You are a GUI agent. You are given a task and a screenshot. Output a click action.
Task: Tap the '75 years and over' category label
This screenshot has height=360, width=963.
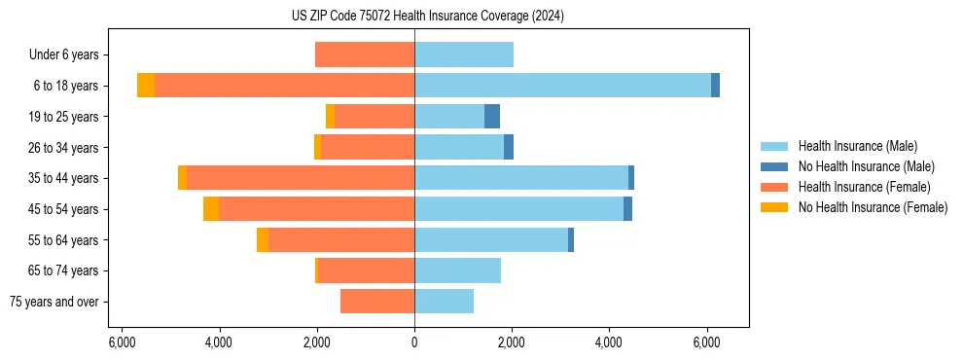(54, 302)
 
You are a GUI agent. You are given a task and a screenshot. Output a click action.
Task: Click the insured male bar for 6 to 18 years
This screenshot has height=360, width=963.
(562, 86)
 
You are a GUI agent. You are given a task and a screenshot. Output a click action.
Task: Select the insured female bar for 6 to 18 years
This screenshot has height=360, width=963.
(284, 86)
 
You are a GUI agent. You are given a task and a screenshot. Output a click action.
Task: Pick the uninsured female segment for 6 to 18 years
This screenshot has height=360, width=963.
(146, 86)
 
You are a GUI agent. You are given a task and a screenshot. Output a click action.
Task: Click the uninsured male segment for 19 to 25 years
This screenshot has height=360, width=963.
(492, 117)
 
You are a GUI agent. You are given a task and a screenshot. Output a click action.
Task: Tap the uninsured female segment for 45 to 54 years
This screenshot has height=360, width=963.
(211, 209)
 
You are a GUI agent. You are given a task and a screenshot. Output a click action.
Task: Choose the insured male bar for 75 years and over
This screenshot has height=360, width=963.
(444, 302)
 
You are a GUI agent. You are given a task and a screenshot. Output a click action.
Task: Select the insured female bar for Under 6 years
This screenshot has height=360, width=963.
(365, 54)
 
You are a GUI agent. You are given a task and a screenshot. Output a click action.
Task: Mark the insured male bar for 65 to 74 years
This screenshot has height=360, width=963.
(457, 270)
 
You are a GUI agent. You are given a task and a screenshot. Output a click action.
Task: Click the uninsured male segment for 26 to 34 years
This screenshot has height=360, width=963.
(509, 147)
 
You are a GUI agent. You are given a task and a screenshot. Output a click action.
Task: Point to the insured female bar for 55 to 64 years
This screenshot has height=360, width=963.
(341, 239)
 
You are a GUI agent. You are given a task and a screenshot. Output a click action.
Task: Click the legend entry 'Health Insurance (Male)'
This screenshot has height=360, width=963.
(857, 146)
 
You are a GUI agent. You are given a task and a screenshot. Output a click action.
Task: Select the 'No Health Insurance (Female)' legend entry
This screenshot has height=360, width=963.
(873, 207)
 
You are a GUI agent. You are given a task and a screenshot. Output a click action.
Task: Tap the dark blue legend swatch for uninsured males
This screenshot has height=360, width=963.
(774, 166)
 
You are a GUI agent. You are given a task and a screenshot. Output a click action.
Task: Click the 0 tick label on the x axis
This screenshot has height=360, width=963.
(414, 342)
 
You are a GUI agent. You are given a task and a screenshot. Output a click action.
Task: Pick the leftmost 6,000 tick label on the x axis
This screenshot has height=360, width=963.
(122, 342)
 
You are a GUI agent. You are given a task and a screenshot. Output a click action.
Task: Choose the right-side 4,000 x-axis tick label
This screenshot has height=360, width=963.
(609, 342)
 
